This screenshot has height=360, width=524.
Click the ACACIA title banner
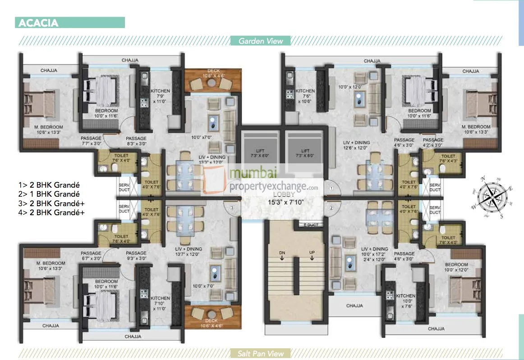click(70, 23)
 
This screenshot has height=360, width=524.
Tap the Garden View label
click(261, 41)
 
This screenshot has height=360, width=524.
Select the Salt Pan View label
click(261, 353)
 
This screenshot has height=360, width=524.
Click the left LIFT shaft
click(260, 152)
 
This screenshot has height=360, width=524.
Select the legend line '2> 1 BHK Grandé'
click(51, 194)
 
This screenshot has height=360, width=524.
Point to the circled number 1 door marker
click(330, 188)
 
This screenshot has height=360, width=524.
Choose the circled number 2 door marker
click(330, 208)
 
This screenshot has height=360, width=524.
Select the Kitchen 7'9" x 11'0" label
click(160, 96)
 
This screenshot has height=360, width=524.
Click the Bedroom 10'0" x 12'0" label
click(456, 267)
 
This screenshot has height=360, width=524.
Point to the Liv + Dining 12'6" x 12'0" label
click(356, 145)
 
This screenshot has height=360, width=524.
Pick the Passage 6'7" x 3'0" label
click(91, 256)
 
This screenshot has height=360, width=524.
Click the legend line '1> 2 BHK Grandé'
click(51, 185)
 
